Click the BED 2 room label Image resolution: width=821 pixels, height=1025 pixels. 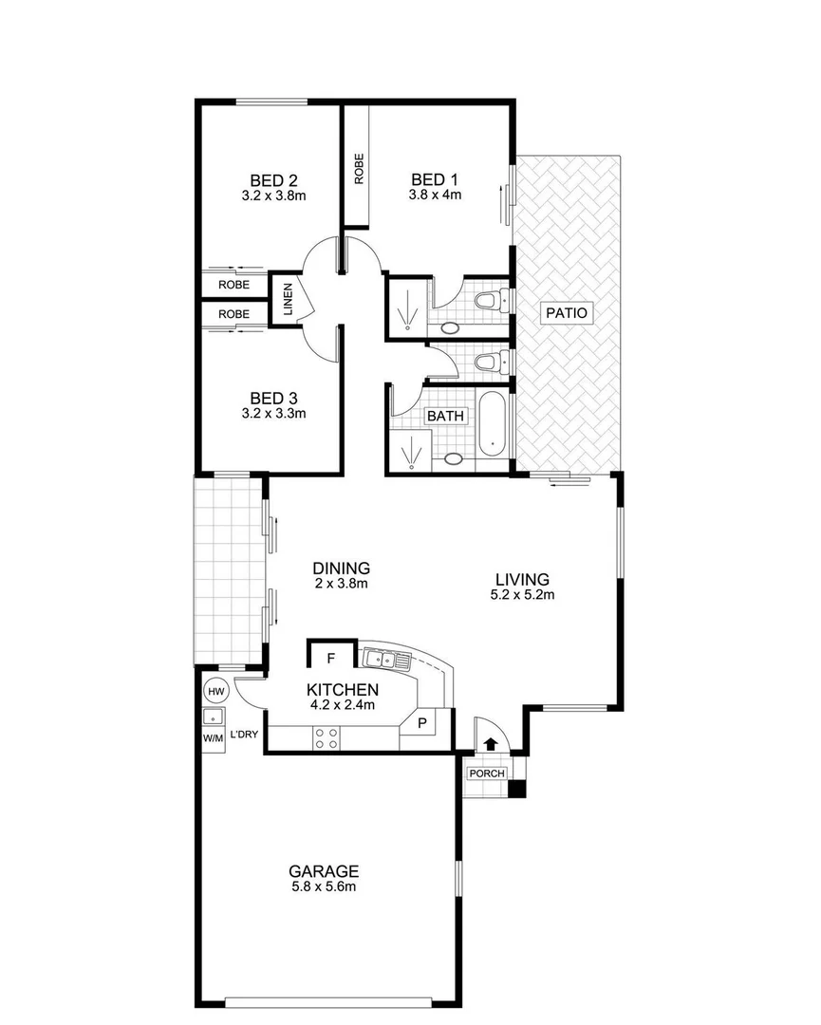[x=274, y=179]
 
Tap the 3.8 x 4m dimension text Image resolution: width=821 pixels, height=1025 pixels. [x=435, y=196]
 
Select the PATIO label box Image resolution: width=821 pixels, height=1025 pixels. [x=567, y=312]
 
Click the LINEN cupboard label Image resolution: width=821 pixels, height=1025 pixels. [x=288, y=301]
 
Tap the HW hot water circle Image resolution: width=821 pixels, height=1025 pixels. [x=215, y=692]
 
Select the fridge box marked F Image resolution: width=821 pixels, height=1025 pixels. [x=331, y=657]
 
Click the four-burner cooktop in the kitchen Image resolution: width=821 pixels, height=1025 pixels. [x=327, y=737]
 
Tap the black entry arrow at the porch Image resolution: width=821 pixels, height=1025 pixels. [x=491, y=745]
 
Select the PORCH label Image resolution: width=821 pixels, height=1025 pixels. [x=486, y=773]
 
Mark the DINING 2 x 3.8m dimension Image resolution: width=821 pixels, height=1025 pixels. [x=341, y=584]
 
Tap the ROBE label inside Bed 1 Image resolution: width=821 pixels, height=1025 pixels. [x=358, y=169]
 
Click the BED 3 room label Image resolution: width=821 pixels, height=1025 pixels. [x=274, y=398]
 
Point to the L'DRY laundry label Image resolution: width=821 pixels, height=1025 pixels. [x=245, y=734]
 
